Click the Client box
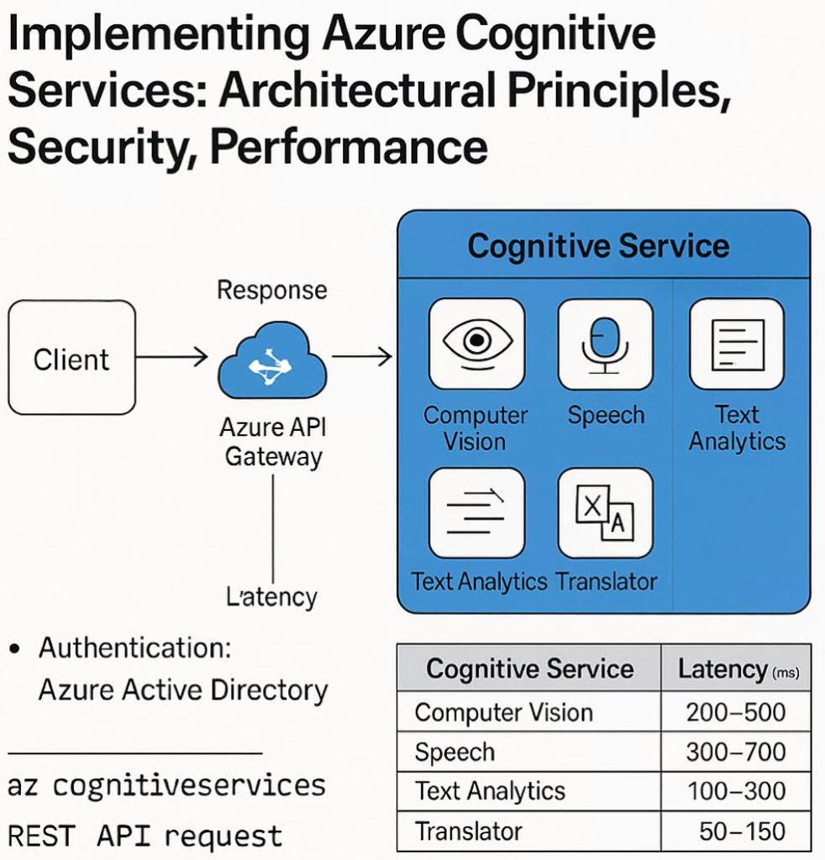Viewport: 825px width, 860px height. tap(71, 359)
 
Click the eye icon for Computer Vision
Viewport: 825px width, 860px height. tap(476, 343)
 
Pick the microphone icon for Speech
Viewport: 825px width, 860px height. tap(605, 343)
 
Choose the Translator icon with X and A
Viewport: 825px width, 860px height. tap(605, 513)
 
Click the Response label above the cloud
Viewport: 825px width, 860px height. tap(271, 291)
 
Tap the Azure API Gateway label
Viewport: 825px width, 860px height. tap(272, 442)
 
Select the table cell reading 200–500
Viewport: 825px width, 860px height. tap(735, 713)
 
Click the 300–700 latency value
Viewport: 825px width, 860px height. tap(735, 752)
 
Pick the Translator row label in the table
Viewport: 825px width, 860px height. tap(469, 831)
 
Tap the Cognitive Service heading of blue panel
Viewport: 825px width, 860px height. tap(598, 247)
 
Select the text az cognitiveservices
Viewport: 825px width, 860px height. tap(166, 785)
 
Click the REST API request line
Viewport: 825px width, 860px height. tap(145, 836)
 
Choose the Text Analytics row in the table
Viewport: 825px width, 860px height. tap(490, 791)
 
